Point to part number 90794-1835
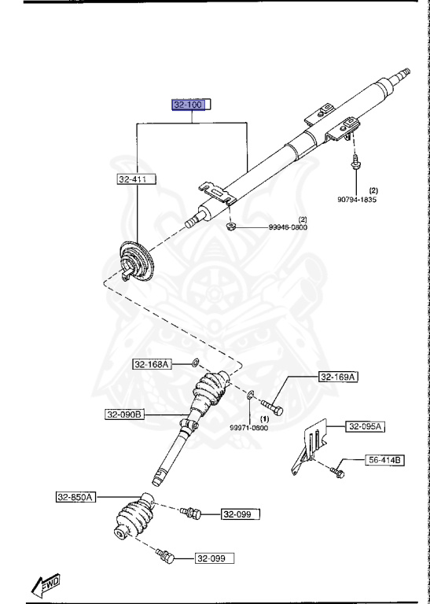click(x=358, y=200)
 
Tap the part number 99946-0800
click(x=287, y=227)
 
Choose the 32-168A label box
click(x=151, y=364)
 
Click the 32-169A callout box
click(x=338, y=377)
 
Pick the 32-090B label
click(x=125, y=414)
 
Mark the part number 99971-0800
click(x=248, y=428)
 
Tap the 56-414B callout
click(x=384, y=459)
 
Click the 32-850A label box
click(x=75, y=496)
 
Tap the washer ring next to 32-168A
click(x=194, y=363)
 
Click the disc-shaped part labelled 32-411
click(x=134, y=261)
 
